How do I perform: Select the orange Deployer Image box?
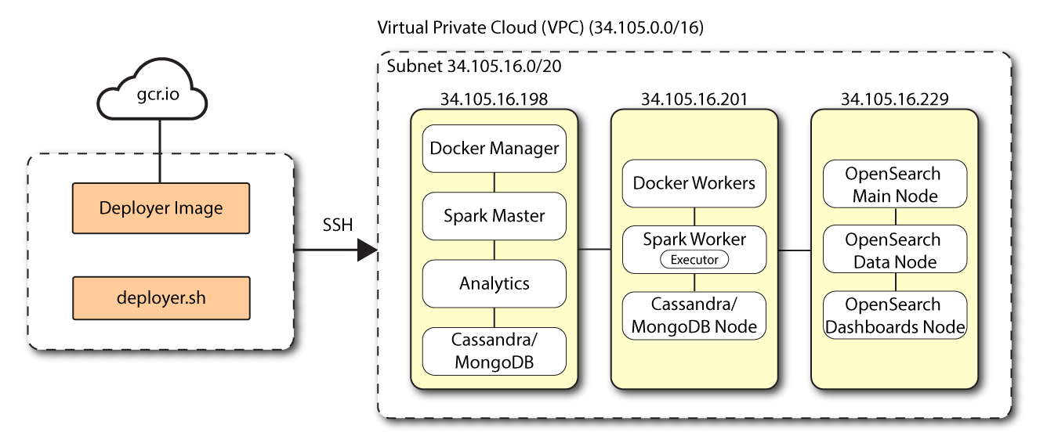161,208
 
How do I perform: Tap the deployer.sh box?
161,297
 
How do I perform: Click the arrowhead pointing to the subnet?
367,250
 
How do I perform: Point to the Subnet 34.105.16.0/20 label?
473,66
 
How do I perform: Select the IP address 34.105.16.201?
694,99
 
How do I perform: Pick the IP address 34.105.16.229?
894,99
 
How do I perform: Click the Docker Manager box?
494,149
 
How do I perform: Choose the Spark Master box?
494,216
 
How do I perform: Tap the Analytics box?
494,283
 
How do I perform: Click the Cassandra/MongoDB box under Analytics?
494,351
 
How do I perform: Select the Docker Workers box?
694,183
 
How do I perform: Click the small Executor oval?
694,259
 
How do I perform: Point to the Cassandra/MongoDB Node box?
694,315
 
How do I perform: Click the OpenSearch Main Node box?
894,185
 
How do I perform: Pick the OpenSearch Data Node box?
894,250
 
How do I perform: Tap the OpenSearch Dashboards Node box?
894,315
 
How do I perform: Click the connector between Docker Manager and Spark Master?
494,182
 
